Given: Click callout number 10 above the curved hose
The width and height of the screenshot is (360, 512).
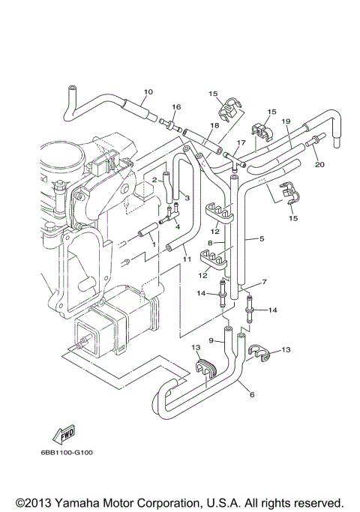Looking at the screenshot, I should [x=148, y=92].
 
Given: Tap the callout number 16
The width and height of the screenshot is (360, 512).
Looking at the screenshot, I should [x=177, y=107].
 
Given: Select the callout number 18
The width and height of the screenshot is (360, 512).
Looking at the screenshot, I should [x=214, y=125].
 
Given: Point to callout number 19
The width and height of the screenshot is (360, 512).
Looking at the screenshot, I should [x=286, y=121].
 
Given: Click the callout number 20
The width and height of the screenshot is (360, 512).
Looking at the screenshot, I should [x=319, y=165].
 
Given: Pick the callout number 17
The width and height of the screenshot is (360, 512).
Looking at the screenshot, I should [x=241, y=142].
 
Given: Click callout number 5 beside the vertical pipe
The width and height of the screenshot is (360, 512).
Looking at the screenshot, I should [x=262, y=239].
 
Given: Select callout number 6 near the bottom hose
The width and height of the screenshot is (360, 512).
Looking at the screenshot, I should [x=251, y=394].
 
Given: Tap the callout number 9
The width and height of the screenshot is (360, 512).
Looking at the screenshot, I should [x=211, y=341].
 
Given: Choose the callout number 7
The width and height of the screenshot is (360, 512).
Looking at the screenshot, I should [x=263, y=283].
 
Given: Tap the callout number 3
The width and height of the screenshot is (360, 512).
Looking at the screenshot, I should [x=187, y=198].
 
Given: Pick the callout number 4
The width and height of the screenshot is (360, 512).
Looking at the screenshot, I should [x=178, y=226].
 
